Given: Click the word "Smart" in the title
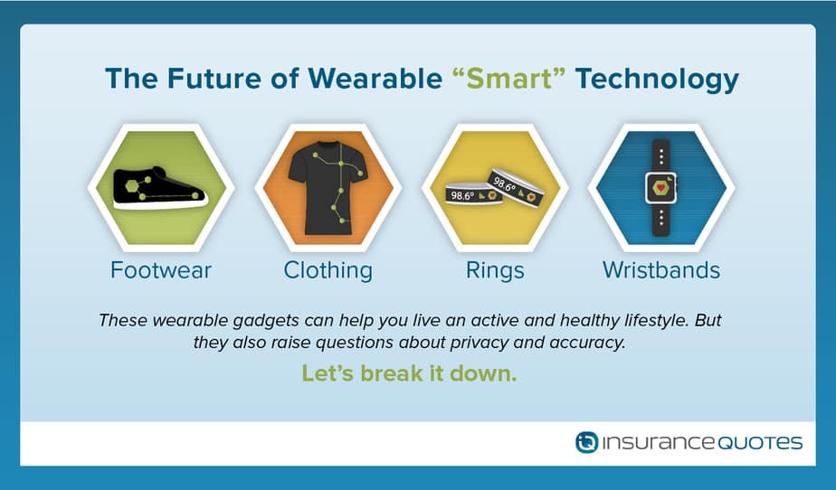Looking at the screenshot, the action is point(509,79).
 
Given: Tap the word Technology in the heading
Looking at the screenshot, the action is point(657,80).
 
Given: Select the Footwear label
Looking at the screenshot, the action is point(161,270).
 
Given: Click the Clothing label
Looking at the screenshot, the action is point(328,270).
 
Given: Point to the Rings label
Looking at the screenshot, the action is point(495,270).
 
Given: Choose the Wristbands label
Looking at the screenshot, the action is point(661,270).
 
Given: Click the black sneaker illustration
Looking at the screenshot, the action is point(160,188).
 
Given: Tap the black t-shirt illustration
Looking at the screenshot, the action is point(328,188).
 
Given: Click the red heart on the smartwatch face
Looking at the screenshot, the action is point(661,187).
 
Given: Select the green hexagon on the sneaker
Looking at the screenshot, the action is point(132,186).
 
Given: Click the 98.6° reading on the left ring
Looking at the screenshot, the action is point(462,195).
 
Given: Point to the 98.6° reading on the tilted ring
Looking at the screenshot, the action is point(504,184).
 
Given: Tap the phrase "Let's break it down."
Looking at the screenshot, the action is point(409,373).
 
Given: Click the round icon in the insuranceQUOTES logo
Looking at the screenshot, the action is point(586,443).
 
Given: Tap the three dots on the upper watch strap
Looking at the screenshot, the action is point(661,156).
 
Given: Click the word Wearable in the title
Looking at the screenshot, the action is point(375,79).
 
